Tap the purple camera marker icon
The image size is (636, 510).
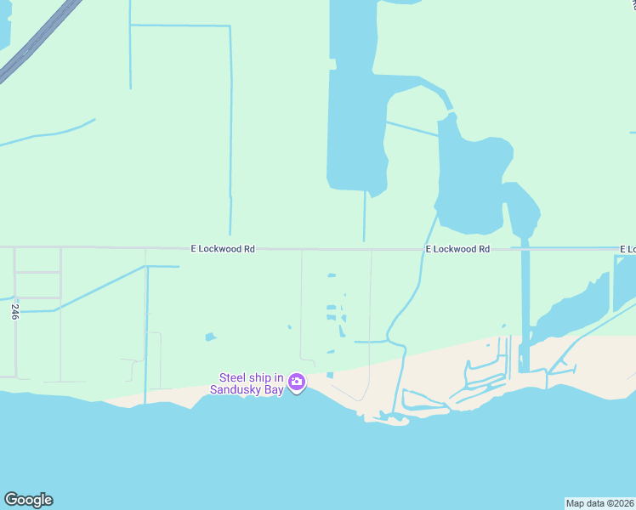pos(297,383)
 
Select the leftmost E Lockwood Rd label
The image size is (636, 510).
pos(222,249)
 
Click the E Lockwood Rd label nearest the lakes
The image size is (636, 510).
pos(457,249)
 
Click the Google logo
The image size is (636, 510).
pos(28,500)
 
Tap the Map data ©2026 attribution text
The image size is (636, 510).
pos(599,503)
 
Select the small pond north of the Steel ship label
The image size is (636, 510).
pos(210,337)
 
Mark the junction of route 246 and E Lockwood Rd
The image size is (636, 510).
pos(15,248)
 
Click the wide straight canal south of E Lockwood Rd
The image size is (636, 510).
pos(525,306)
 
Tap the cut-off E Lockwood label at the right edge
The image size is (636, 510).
pos(627,249)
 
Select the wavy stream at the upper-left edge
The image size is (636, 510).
pos(51,133)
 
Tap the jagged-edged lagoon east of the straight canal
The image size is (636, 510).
pos(578,302)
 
